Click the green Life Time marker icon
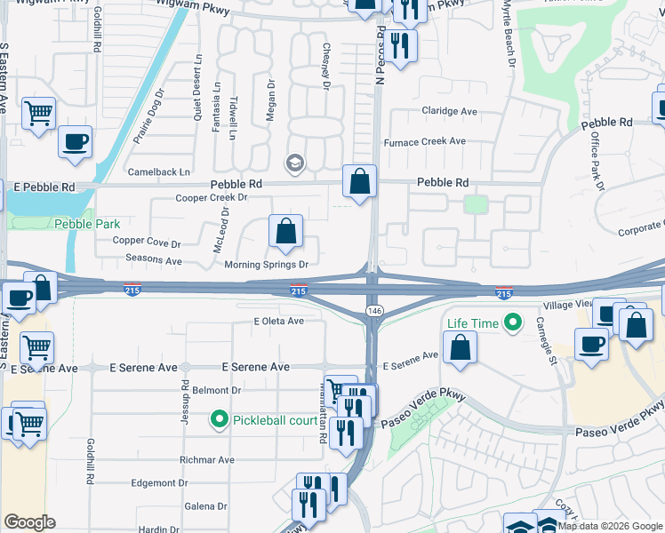point(512,322)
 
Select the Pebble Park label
point(86,225)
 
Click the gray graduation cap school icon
point(294,163)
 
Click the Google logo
point(29,522)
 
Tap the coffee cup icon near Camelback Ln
point(75,141)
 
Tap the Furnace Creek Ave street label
point(424,141)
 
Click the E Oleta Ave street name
point(278,321)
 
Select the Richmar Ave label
point(206,460)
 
